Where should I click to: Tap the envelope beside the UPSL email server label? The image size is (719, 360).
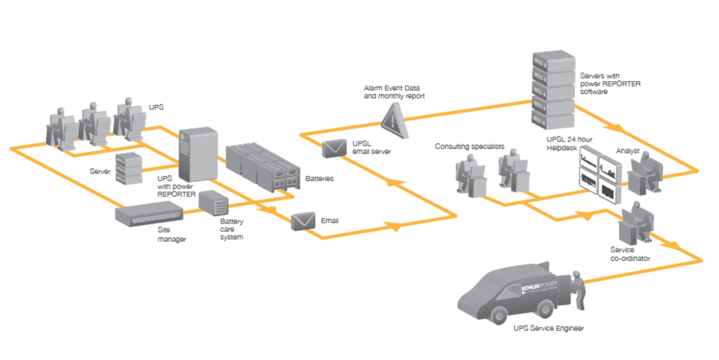coord(335,147)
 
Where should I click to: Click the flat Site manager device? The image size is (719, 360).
coord(150,214)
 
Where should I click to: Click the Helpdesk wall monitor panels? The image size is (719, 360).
coord(597,177)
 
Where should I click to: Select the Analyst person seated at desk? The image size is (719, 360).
coord(646,173)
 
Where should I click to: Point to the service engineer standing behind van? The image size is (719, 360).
coord(580,290)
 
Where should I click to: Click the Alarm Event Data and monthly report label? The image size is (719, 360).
coord(394,92)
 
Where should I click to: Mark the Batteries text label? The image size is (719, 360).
coord(318,178)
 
